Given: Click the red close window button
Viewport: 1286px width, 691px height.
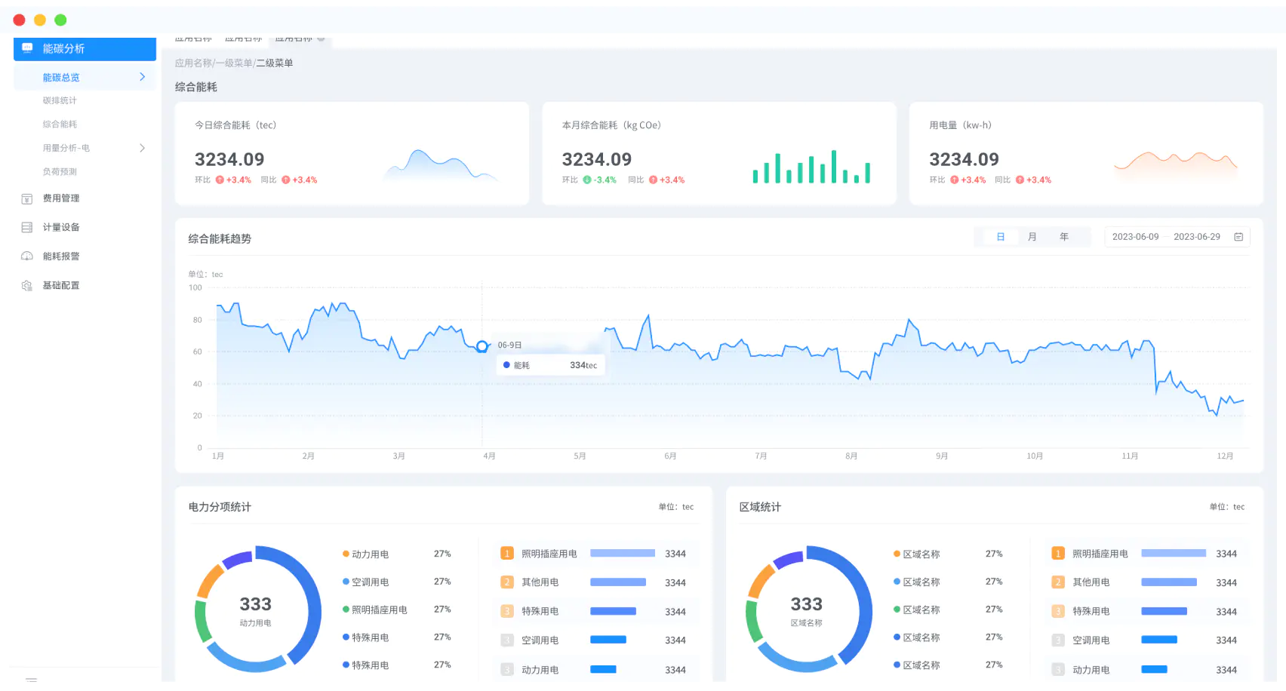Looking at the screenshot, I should click(x=20, y=20).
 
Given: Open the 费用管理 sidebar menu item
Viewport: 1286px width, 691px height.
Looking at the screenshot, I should click(x=60, y=198).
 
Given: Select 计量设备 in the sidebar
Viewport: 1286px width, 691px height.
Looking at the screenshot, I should click(x=60, y=227).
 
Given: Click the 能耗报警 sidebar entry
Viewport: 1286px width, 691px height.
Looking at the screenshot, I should click(x=60, y=256).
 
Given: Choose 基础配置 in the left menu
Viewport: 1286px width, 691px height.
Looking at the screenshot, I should click(x=60, y=285).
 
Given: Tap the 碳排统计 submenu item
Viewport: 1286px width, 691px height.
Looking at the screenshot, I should click(x=60, y=100).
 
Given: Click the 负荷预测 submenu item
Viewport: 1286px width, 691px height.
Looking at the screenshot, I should click(x=60, y=172).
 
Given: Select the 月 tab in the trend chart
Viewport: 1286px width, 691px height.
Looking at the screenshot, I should click(x=1032, y=237).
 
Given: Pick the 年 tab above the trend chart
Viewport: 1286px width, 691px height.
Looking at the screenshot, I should click(x=1064, y=237).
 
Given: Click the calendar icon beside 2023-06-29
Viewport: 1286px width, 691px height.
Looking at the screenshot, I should click(x=1238, y=237).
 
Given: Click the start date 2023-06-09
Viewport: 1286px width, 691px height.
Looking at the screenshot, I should click(x=1135, y=237).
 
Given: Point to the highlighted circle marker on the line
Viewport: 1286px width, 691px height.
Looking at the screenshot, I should click(x=481, y=346).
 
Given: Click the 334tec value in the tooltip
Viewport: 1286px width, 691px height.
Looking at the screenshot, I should click(x=583, y=365).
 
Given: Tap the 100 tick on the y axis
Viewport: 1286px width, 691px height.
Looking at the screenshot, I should click(x=195, y=287).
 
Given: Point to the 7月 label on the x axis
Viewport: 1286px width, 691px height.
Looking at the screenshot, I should click(x=761, y=456).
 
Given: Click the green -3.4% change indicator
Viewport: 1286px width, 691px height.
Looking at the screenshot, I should click(x=601, y=180).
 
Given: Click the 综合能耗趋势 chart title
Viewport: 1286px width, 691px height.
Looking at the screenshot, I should click(x=220, y=239).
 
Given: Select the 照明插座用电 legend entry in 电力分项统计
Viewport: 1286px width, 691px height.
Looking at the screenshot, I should click(x=379, y=610).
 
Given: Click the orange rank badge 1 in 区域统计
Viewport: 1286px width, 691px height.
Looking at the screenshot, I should click(x=1058, y=554).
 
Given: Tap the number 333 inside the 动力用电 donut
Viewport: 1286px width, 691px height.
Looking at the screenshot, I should click(x=255, y=604).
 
